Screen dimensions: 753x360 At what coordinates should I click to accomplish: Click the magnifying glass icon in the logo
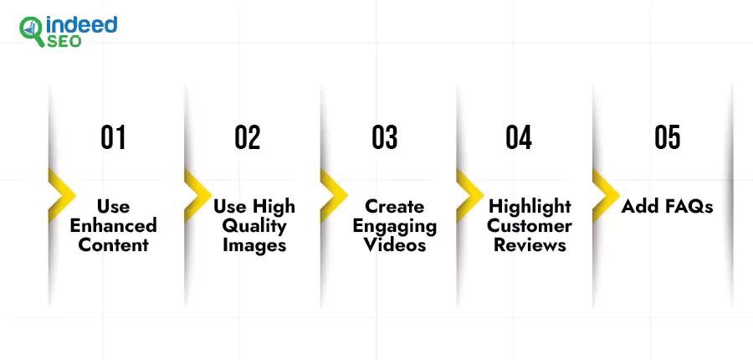tap(32, 31)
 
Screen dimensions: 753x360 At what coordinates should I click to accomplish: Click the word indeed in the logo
tap(81, 25)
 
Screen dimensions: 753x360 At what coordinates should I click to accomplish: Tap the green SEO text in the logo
tap(64, 42)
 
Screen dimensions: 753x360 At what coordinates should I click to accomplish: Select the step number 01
tap(113, 137)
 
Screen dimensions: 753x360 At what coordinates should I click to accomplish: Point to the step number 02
tap(248, 137)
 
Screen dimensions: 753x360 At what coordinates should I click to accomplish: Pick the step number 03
tap(385, 137)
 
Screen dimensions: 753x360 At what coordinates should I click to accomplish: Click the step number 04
tap(519, 137)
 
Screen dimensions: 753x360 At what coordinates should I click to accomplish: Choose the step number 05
tap(668, 137)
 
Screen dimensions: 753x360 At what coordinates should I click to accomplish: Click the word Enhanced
tap(113, 225)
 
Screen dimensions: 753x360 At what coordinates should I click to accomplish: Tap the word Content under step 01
tap(113, 244)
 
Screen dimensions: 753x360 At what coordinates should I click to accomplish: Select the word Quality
tap(254, 226)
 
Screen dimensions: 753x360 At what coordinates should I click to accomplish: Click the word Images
tap(254, 245)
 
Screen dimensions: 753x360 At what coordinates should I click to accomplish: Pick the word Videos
tap(395, 244)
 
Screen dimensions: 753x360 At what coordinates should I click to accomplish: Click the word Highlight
tap(530, 207)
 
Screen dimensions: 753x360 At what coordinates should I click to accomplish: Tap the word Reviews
tap(530, 244)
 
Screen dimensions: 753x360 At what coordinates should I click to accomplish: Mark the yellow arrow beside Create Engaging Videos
tap(334, 195)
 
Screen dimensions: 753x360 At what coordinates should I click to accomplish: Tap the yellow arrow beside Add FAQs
tap(607, 195)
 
